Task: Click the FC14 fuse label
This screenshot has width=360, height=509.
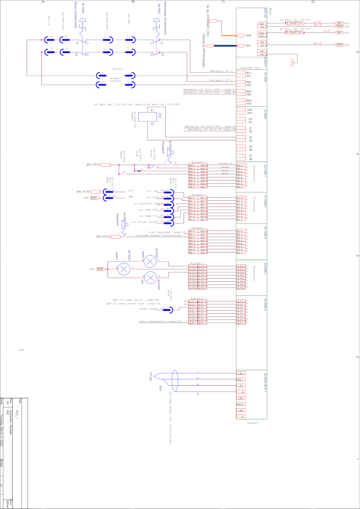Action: [299, 23]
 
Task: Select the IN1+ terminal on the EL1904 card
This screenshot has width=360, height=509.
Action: [249, 73]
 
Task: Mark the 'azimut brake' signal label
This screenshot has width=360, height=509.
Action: [148, 309]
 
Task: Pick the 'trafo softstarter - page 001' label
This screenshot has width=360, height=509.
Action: [160, 322]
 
